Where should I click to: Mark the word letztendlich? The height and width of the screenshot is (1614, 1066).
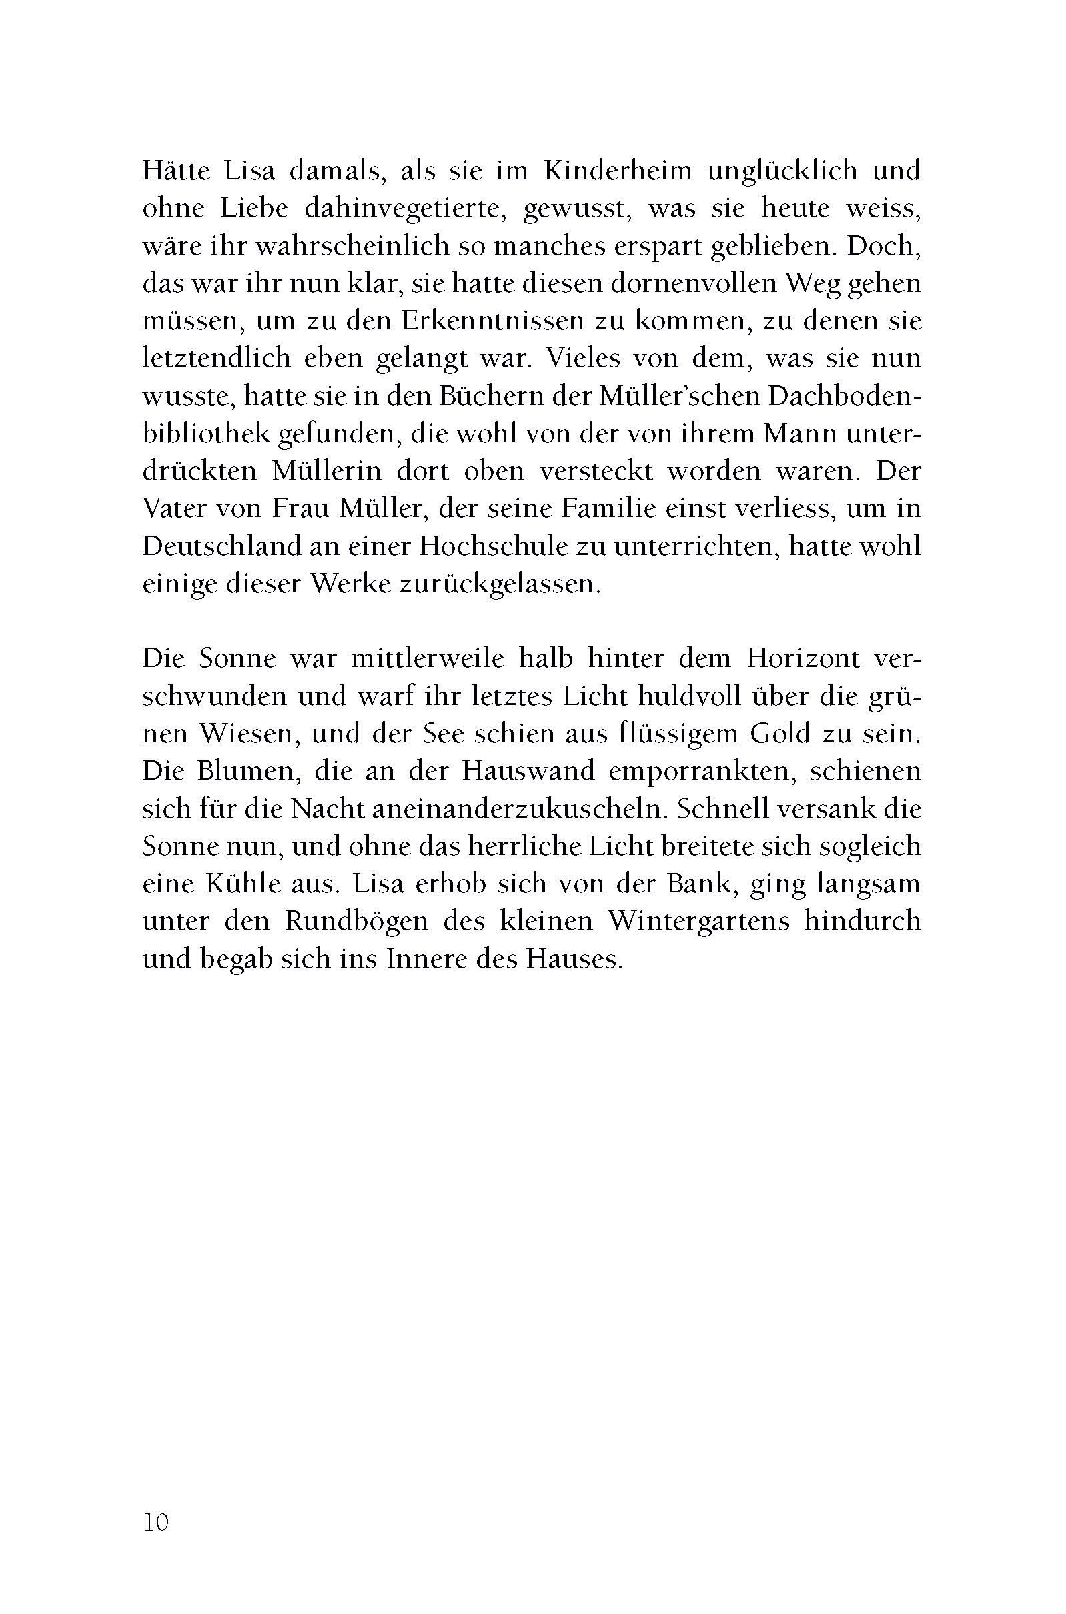click(x=217, y=359)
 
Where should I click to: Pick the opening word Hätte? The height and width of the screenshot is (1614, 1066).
click(x=178, y=171)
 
